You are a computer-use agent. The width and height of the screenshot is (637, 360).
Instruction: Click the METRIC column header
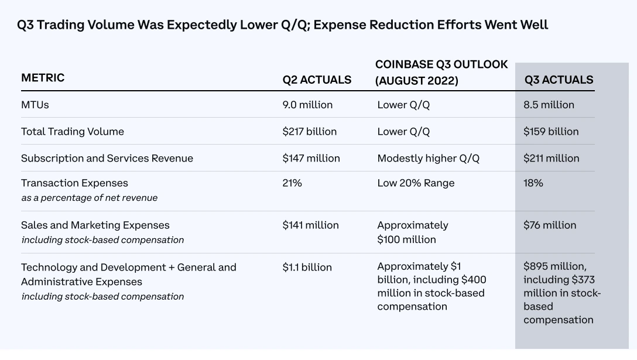click(x=43, y=78)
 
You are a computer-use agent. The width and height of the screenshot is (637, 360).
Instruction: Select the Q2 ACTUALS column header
click(x=317, y=80)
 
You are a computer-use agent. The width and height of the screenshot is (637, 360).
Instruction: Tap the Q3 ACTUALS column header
click(x=559, y=80)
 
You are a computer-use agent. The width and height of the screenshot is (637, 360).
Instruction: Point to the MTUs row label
click(x=35, y=105)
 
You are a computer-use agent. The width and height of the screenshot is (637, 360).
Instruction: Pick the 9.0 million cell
click(x=307, y=105)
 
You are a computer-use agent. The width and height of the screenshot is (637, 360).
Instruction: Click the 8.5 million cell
click(x=549, y=105)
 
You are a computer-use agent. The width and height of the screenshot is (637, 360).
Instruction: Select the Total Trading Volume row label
click(x=73, y=132)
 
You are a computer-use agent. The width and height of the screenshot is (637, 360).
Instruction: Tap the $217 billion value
click(x=309, y=132)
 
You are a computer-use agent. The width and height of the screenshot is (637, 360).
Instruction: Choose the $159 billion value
click(x=551, y=132)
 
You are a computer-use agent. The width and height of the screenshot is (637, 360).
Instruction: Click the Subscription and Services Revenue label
click(x=107, y=159)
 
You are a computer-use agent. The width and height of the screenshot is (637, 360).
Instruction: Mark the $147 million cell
click(x=311, y=159)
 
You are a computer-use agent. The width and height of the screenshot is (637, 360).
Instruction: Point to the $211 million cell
click(x=551, y=159)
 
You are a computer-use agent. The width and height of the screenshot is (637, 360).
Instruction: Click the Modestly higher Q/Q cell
click(x=429, y=159)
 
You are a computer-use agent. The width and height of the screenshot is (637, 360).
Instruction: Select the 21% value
click(x=292, y=183)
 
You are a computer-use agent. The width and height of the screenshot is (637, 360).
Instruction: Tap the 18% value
click(x=533, y=183)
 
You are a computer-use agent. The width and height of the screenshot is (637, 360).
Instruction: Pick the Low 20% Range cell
click(x=416, y=183)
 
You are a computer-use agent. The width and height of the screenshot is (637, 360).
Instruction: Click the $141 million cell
click(x=310, y=225)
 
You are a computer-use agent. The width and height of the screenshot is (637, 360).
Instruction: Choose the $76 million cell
click(x=550, y=225)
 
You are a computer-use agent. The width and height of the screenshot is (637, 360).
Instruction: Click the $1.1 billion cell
click(x=307, y=268)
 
